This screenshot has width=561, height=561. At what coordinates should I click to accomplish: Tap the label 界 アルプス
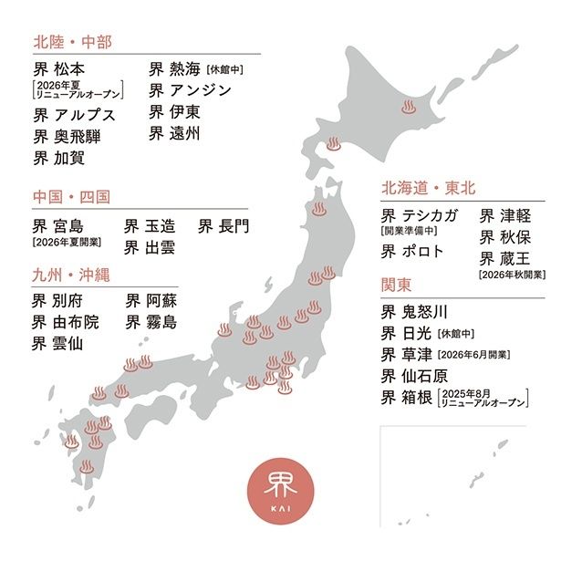click(x=75, y=115)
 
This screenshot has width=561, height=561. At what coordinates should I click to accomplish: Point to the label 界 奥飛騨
click(x=68, y=137)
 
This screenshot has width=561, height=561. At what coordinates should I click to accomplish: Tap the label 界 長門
click(x=223, y=224)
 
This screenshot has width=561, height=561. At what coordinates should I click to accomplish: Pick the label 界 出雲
click(x=150, y=246)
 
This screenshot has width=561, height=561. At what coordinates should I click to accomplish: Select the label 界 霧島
click(x=151, y=322)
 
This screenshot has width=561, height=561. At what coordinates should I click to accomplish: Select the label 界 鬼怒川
click(x=415, y=310)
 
